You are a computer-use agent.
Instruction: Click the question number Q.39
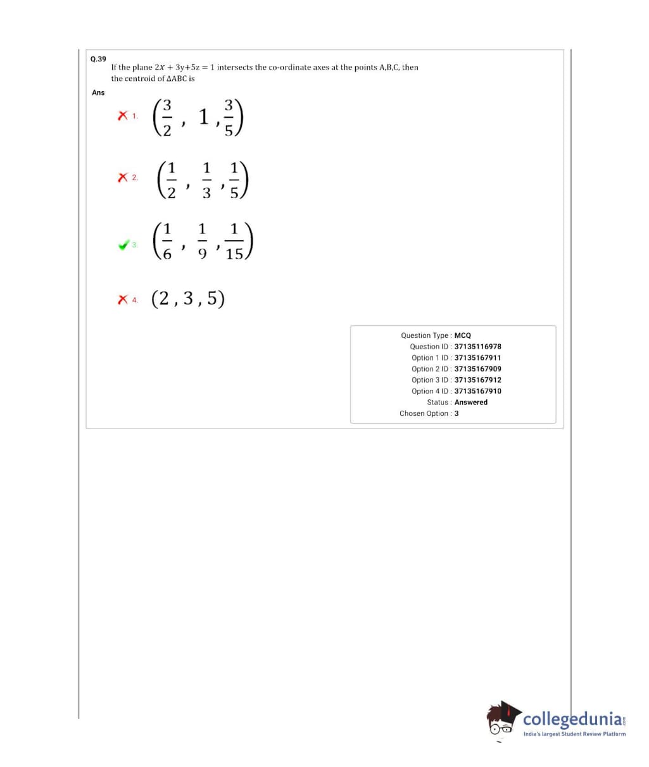coord(98,59)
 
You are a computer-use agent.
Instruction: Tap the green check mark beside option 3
coord(125,244)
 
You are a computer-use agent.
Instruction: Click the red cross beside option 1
coord(122,116)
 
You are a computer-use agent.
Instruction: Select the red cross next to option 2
coord(123,178)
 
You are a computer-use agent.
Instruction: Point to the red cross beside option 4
coord(122,299)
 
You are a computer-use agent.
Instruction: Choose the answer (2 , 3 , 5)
coord(188,299)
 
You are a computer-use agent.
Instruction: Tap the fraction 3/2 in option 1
coord(167,117)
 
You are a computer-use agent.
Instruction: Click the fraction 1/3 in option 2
coord(206,181)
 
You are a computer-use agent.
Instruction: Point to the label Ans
coord(98,92)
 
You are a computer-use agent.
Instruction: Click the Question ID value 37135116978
coord(477,347)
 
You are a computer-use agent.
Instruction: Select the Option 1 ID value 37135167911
coord(477,358)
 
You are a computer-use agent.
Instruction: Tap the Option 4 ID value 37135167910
coord(477,391)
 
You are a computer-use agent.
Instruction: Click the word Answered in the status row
coord(471,402)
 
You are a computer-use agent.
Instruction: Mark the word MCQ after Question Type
coord(463,335)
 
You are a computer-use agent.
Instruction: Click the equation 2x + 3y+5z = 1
coord(184,67)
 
